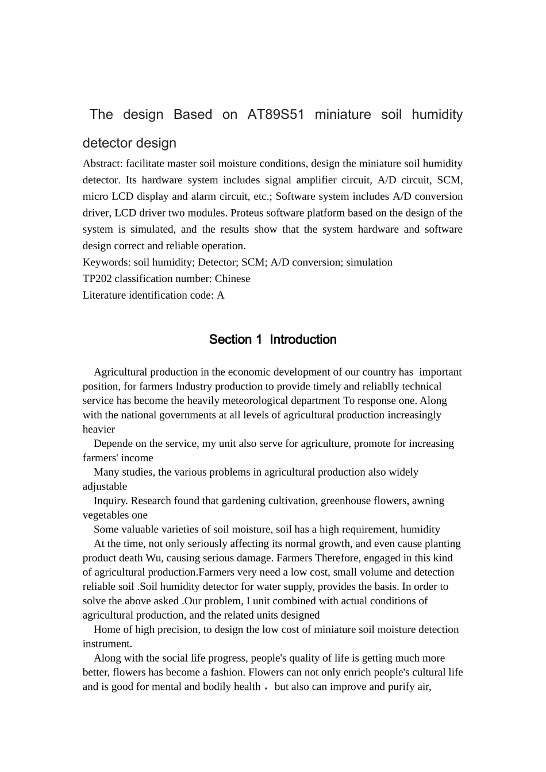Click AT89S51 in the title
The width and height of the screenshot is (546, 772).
(x=276, y=114)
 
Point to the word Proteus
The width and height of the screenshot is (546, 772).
(x=249, y=213)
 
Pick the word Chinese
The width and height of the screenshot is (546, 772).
(x=232, y=279)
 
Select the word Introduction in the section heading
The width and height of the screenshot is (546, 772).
(x=303, y=339)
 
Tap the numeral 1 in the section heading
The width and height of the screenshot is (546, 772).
(x=259, y=339)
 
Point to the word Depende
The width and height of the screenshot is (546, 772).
(x=111, y=443)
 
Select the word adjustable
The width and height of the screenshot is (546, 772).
(x=105, y=487)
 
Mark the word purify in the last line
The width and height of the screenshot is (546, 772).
(x=398, y=687)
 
